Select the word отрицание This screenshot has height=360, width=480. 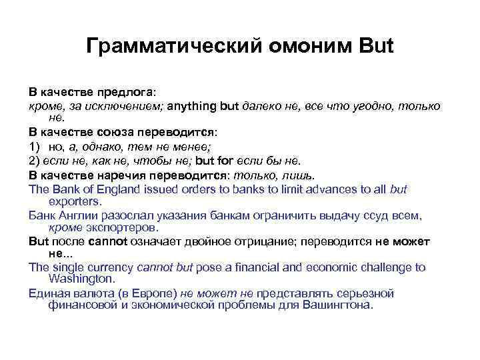(255, 241)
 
